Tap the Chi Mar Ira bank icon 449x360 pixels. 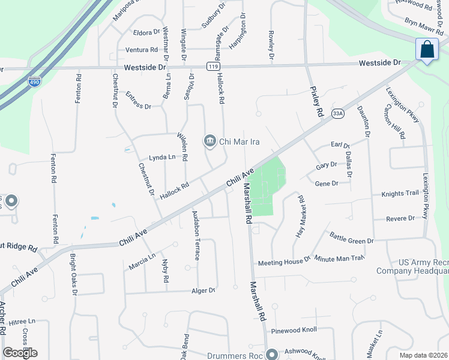click(x=209, y=142)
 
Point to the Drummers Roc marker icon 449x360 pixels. click(x=271, y=354)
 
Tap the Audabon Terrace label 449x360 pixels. click(x=195, y=235)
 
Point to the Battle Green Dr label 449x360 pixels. click(x=352, y=240)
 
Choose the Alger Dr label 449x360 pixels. click(x=203, y=290)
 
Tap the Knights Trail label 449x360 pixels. click(x=399, y=194)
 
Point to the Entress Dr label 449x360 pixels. click(x=139, y=100)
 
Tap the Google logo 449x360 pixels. click(x=20, y=353)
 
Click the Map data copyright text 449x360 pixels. click(x=424, y=355)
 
